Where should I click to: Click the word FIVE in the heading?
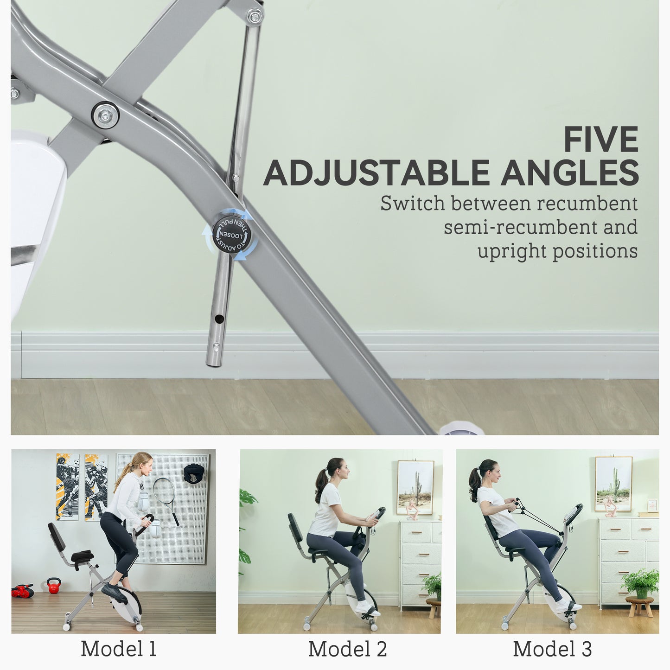tap(601, 140)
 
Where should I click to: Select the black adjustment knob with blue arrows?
tap(231, 235)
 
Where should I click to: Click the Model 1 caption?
tap(119, 649)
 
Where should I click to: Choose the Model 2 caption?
tap(347, 649)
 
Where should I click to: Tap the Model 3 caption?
tap(552, 649)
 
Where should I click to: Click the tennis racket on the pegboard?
tap(165, 496)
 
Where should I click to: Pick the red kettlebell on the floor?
tap(54, 585)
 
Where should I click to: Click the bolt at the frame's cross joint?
tap(105, 115)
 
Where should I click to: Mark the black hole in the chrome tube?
tap(218, 319)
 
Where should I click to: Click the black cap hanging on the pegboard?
tap(194, 473)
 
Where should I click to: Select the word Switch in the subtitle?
tap(412, 204)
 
